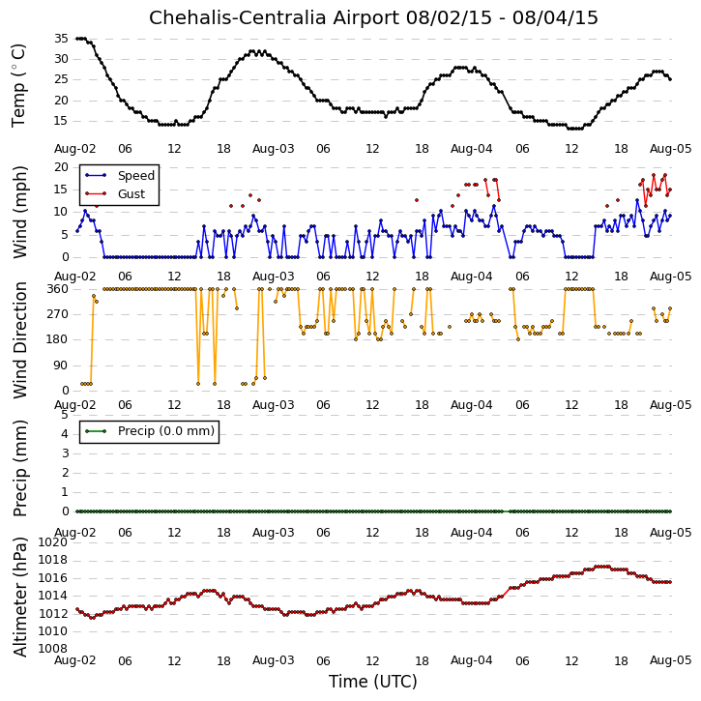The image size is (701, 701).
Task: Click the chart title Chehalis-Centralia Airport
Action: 274,17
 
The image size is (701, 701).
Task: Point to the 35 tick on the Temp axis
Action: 61,39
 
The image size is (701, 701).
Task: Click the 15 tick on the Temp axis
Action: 61,121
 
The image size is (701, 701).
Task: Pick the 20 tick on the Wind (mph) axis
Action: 61,167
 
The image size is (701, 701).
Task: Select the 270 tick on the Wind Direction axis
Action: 58,314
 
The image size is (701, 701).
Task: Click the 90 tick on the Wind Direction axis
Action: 61,365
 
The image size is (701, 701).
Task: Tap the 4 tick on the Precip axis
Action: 65,434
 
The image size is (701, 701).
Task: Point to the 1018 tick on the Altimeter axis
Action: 53,560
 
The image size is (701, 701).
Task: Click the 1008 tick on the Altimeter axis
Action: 53,649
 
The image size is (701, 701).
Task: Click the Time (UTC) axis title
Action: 373,682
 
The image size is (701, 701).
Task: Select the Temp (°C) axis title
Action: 18,86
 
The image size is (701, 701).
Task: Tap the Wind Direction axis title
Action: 19,340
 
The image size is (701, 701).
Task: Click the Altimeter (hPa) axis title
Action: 19,597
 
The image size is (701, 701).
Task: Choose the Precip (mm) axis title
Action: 19,468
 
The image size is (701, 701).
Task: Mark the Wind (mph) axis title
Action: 19,212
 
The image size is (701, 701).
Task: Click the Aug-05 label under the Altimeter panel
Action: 671,660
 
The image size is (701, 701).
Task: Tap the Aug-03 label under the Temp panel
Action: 274,149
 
